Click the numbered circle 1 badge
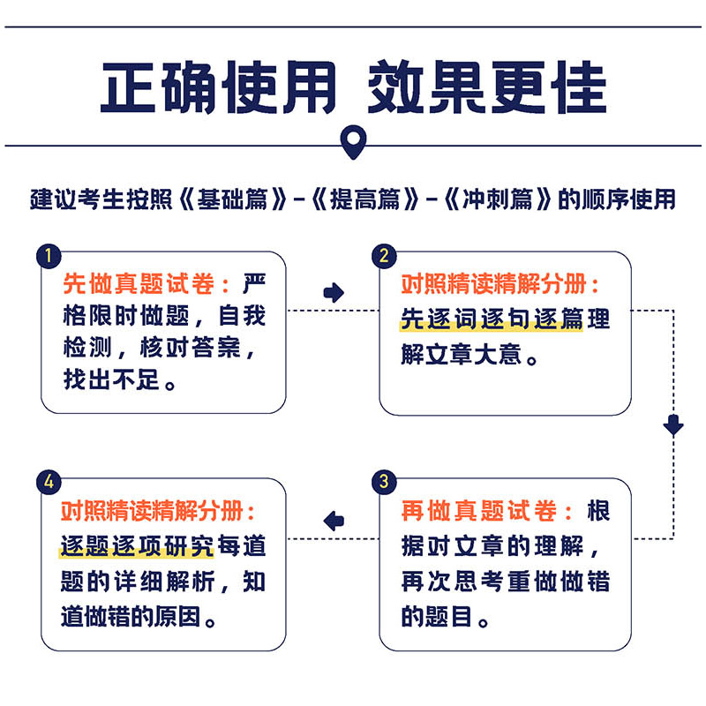49,256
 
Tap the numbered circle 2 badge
384,256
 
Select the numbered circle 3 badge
384,482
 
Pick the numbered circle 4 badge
49,482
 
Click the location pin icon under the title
354,141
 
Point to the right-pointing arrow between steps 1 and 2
334,293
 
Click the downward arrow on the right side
673,425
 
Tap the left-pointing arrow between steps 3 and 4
334,521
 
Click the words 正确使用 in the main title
218,86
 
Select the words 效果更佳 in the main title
487,86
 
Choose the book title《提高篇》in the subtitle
365,199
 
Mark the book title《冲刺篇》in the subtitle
498,199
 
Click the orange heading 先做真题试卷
139,283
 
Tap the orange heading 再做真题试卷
478,511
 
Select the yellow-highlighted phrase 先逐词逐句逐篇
492,319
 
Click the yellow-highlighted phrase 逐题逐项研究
137,545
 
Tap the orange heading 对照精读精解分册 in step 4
152,511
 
